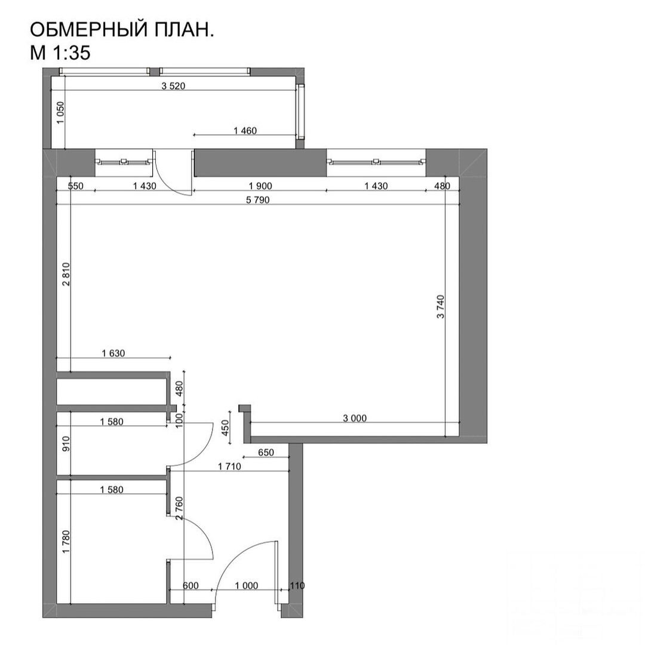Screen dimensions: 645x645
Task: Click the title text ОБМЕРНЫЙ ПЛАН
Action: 122,30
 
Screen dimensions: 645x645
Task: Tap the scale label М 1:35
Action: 60,52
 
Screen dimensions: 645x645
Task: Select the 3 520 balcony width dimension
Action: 173,86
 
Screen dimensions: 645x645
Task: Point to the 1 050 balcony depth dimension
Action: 60,113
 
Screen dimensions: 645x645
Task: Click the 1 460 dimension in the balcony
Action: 245,131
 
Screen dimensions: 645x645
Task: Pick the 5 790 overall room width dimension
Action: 257,200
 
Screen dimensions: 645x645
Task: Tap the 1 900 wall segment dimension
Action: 260,186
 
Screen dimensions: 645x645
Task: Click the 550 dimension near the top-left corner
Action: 76,186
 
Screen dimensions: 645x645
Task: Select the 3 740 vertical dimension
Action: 441,306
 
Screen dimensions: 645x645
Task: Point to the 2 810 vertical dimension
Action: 66,274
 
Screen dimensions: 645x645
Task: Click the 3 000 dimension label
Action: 355,418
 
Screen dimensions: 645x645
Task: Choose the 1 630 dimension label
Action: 113,353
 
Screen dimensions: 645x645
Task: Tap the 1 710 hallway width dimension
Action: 229,466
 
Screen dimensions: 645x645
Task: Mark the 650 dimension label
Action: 266,453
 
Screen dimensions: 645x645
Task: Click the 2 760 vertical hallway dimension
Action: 179,508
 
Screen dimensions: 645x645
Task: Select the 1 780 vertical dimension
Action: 66,541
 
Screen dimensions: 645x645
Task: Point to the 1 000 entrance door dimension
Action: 247,585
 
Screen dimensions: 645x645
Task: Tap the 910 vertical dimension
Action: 66,444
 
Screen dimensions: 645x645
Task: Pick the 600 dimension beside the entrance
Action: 191,585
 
